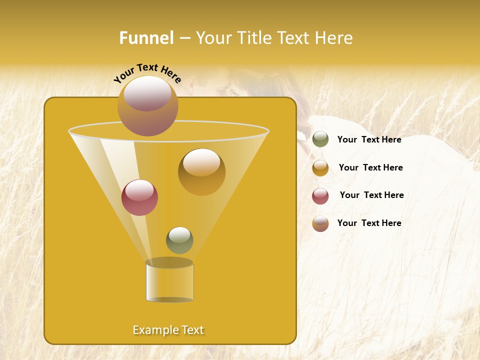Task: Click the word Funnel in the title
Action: pos(146,38)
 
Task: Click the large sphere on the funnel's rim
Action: pos(148,105)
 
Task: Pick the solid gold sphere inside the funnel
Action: pos(202,172)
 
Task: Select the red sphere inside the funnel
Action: pos(139,197)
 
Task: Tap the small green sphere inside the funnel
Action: pos(179,240)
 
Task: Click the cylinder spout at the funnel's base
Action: pos(169,283)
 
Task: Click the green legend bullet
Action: pos(320,139)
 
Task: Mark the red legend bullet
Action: pos(320,196)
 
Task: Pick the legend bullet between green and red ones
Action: pos(320,168)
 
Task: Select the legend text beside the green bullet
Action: pos(369,139)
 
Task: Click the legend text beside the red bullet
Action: pos(371,195)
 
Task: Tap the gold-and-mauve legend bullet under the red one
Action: pos(320,223)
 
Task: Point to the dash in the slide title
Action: pos(184,38)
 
